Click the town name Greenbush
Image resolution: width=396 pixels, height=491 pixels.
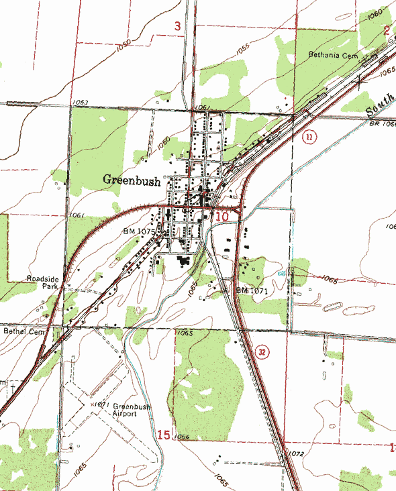pos(132,180)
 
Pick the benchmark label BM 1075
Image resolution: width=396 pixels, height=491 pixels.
pos(139,231)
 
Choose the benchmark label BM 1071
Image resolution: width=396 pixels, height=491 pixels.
pos(252,291)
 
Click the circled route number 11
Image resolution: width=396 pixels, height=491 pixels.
pos(309,138)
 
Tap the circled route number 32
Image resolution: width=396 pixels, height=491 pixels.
pos(262,352)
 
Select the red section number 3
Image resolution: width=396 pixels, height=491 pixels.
pos(177,26)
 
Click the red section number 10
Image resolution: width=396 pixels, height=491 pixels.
pos(222,216)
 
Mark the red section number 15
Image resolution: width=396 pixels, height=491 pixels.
pos(163,435)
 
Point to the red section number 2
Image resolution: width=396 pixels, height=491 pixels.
pos(387,30)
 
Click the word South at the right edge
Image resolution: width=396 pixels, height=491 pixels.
pos(379,104)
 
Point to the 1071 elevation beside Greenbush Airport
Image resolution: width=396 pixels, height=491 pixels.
pos(101,404)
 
